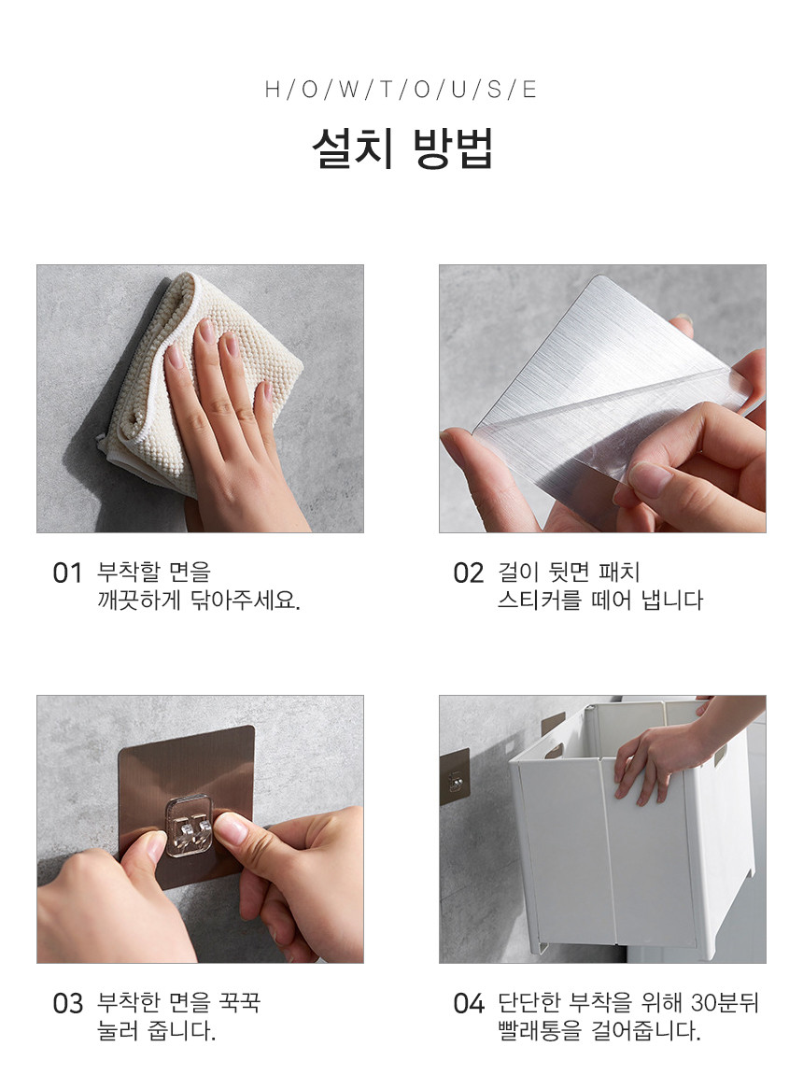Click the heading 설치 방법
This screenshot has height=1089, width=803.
click(x=401, y=148)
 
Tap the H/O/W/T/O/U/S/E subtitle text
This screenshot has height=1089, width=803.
click(x=401, y=90)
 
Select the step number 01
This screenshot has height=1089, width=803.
click(x=67, y=573)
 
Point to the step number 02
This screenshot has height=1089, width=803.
click(x=468, y=573)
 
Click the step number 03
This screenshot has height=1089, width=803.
click(x=67, y=1004)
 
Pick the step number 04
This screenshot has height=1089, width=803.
click(x=468, y=1004)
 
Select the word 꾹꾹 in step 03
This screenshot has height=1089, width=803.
click(x=239, y=1003)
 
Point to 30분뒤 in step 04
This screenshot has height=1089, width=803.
click(x=725, y=1003)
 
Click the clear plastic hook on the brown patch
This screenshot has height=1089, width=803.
click(x=188, y=826)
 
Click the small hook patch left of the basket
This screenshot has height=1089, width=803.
click(x=455, y=776)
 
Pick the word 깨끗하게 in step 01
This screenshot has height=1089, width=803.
click(x=139, y=600)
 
